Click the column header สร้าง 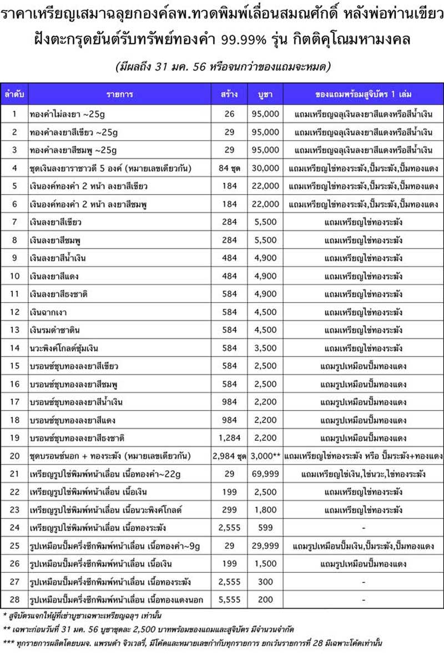coord(230,94)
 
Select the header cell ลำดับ coord(14,94)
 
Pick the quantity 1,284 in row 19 coord(230,438)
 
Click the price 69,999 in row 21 coord(264,474)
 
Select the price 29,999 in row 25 coord(264,546)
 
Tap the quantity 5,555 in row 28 coord(230,600)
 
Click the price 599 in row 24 coord(264,528)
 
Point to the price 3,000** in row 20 coord(265,456)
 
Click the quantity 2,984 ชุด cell coord(230,456)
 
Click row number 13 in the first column coord(14,330)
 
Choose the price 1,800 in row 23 coord(264,510)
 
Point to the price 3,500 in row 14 coord(264,348)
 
